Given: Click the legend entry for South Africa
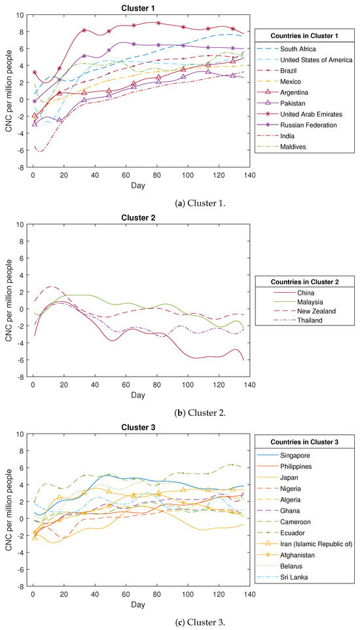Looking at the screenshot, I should pyautogui.click(x=300, y=49).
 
